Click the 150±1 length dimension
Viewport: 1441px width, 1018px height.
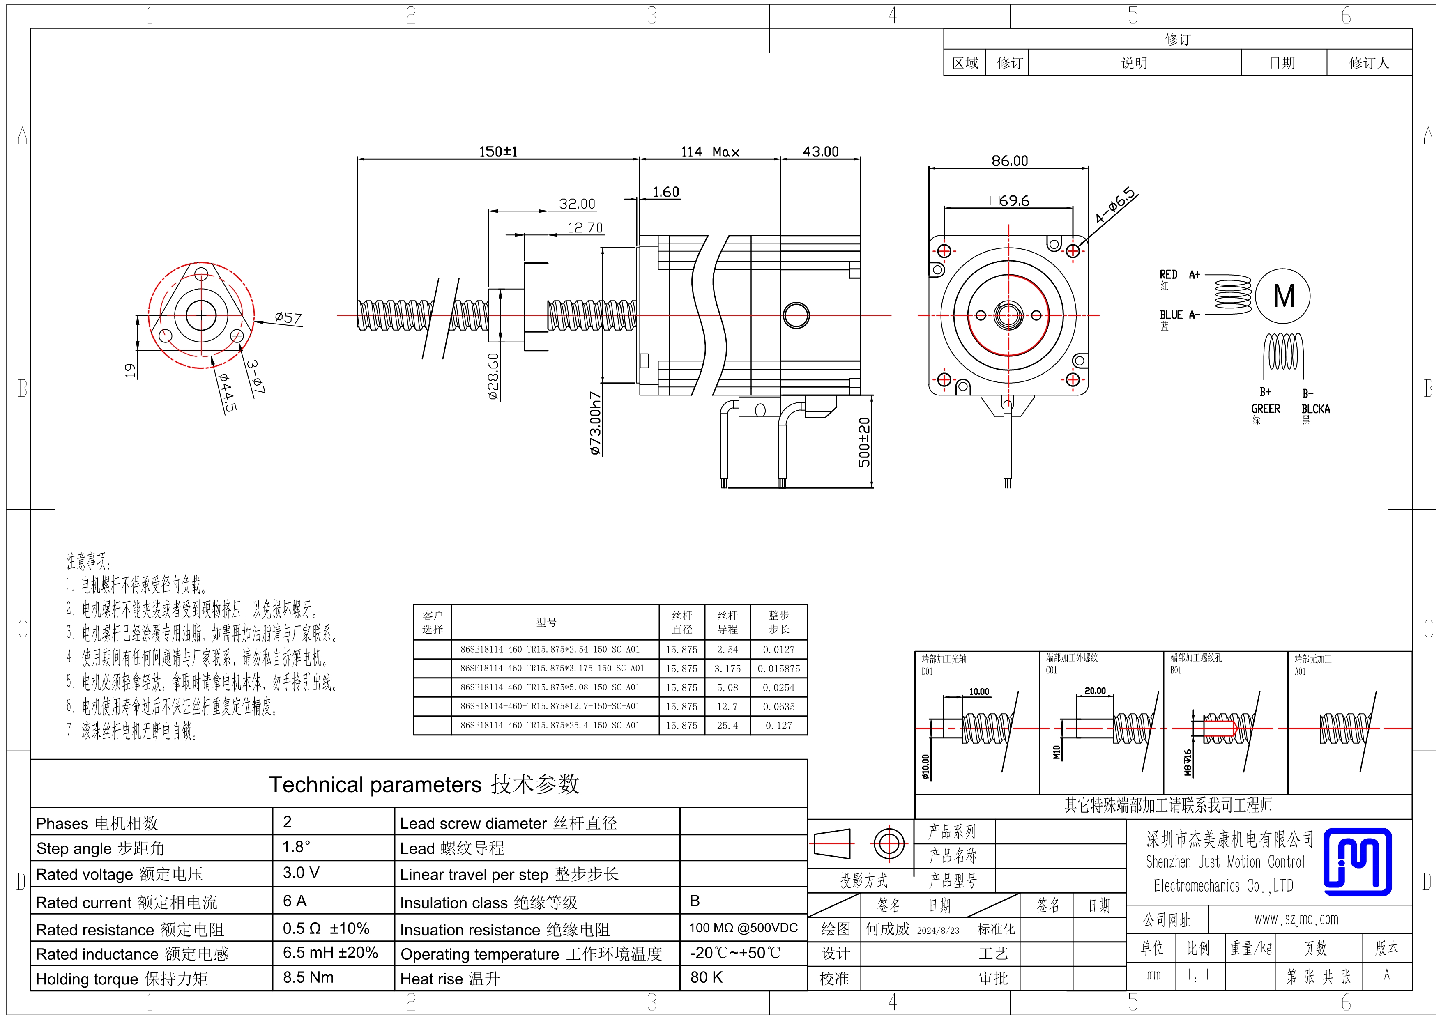[498, 152]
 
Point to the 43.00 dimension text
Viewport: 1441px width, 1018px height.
[820, 152]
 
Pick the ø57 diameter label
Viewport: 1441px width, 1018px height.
[288, 318]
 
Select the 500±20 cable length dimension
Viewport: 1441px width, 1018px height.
[864, 442]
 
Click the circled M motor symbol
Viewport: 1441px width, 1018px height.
[1283, 296]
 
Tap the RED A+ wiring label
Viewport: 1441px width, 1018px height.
[1179, 275]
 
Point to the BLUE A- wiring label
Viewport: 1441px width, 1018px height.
[1179, 315]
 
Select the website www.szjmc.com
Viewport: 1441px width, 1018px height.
[1296, 919]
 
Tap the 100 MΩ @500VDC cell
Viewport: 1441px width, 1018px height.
[743, 928]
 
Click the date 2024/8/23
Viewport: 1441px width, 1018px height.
[938, 930]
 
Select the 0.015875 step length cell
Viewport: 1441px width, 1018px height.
[779, 669]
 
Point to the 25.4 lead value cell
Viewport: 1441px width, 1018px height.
[727, 726]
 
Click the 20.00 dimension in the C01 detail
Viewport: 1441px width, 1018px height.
[1095, 691]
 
